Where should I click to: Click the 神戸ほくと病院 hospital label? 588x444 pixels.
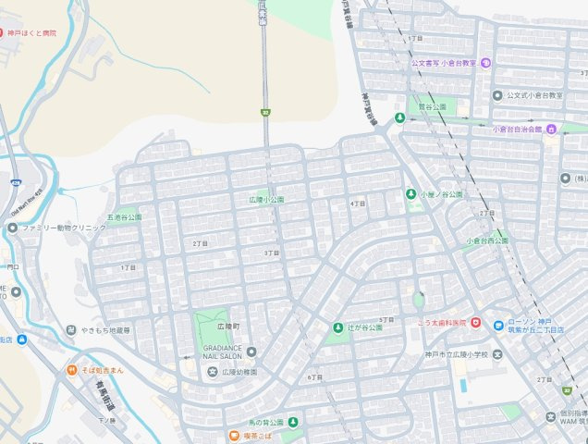click(x=32, y=33)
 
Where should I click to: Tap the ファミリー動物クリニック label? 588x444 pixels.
click(x=64, y=228)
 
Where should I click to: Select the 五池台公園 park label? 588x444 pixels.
click(x=124, y=217)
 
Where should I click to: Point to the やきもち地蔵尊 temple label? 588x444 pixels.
click(x=104, y=330)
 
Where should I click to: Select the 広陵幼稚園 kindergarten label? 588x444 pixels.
click(x=233, y=372)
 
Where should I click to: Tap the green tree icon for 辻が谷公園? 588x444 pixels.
click(x=337, y=327)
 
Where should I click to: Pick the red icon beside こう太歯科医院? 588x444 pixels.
click(x=475, y=322)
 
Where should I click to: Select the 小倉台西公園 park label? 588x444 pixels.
click(x=487, y=240)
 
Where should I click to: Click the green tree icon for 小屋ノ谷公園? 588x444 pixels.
click(x=410, y=194)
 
